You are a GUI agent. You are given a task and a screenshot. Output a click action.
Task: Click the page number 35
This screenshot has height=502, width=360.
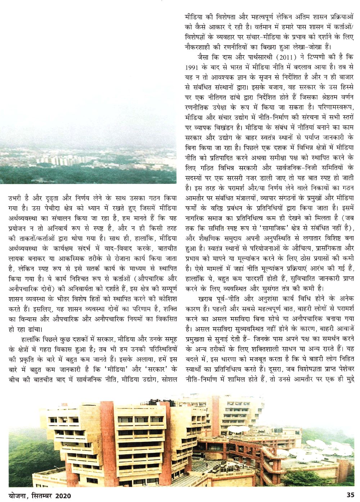click(x=350, y=495)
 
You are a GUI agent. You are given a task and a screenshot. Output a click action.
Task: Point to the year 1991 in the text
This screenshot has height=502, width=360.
click(x=193, y=67)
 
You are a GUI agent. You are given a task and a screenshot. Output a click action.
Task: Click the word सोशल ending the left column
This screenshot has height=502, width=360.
click(x=168, y=379)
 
